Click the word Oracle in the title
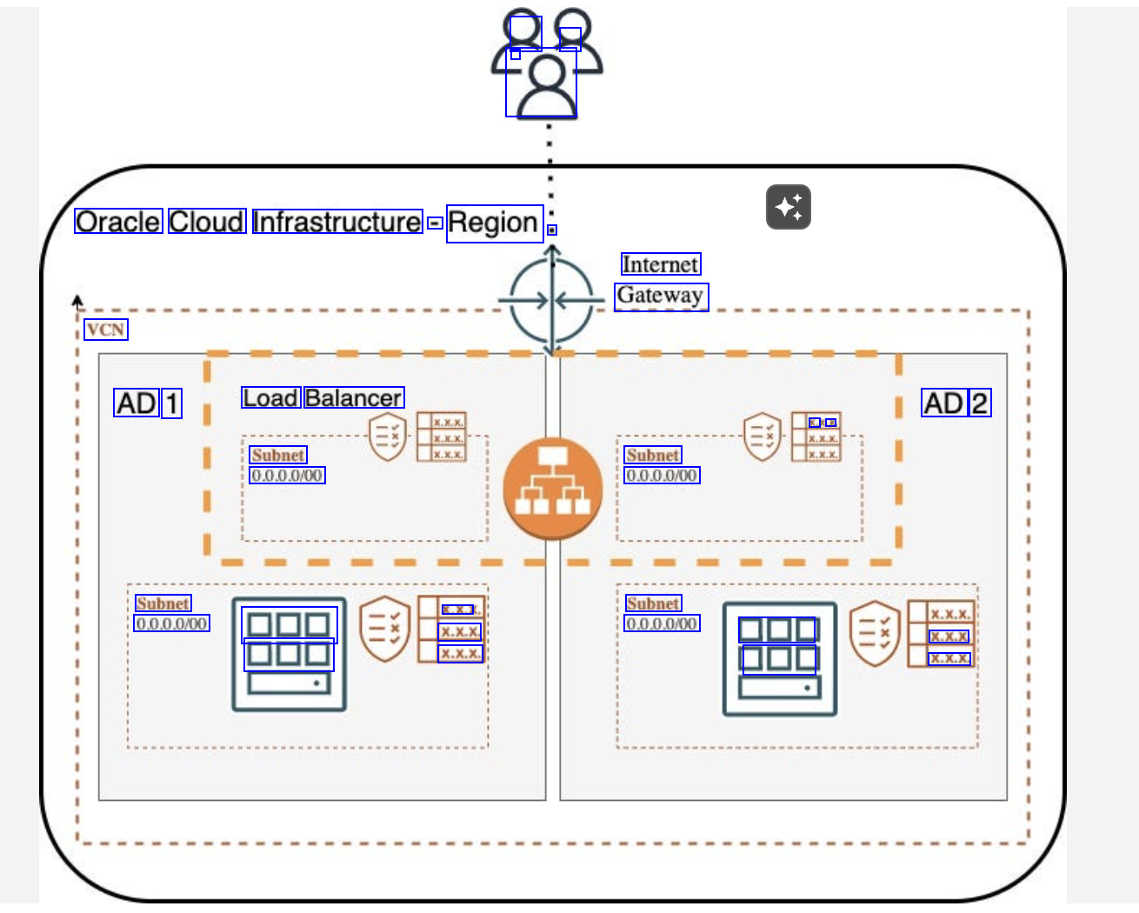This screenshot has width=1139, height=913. coord(118,222)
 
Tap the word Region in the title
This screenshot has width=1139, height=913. coord(494,223)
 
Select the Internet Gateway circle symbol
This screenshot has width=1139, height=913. coord(551,301)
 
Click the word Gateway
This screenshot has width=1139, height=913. coord(661,297)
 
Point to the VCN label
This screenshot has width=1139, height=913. coord(106,330)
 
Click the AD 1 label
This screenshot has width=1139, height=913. coord(148,403)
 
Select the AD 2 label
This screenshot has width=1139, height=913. coord(956,403)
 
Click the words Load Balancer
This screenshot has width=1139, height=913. coord(323,398)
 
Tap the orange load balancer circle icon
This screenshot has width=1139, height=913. coord(552,488)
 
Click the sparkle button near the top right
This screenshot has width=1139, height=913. coord(788,207)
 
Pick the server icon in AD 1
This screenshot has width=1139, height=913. coord(289,654)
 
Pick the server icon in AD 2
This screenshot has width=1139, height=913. coord(779,658)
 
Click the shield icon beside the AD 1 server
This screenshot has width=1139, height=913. coord(384,628)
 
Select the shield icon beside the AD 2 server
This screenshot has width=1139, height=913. coord(874,632)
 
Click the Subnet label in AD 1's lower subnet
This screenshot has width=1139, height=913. coord(163,603)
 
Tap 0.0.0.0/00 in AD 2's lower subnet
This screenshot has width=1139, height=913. coord(662,623)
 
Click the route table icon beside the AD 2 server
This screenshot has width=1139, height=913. coord(941,634)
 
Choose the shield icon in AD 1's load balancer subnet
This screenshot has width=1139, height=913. coord(388,437)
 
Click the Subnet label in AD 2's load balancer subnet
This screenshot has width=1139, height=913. coord(653,455)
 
